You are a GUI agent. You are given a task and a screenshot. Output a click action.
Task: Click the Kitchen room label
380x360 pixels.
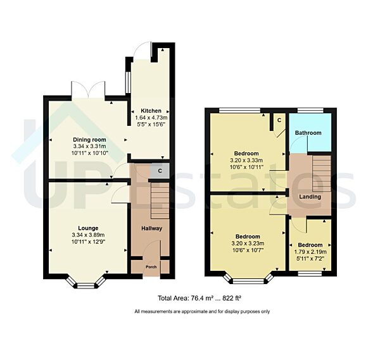click(x=151, y=111)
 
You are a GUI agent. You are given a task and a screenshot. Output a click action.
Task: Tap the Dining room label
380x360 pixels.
click(x=89, y=140)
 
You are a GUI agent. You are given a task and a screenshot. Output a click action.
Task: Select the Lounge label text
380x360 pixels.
click(x=88, y=228)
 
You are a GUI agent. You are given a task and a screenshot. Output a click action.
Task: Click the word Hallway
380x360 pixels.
click(x=152, y=228)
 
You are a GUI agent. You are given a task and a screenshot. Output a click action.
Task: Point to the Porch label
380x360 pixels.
click(x=151, y=267)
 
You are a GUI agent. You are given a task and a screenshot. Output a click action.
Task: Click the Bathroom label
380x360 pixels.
click(x=308, y=133)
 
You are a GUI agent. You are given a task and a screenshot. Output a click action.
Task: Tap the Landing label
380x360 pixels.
click(x=310, y=197)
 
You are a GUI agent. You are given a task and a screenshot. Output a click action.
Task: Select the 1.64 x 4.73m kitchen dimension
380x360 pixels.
click(x=151, y=118)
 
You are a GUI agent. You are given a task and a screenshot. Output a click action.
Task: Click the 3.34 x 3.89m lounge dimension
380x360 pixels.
click(x=88, y=235)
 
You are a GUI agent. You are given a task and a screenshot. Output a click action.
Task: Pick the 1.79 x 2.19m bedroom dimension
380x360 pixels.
click(x=310, y=252)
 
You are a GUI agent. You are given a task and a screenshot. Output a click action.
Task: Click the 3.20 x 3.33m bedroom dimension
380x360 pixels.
click(x=246, y=160)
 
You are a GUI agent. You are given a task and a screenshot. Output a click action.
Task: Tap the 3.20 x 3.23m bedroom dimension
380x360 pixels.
click(x=248, y=244)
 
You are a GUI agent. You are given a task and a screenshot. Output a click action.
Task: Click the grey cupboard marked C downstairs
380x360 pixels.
click(x=160, y=171)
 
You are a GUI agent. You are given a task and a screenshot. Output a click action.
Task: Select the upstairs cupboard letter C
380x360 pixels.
click(x=279, y=120)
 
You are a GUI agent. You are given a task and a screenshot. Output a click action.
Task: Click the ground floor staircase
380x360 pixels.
click(x=160, y=201)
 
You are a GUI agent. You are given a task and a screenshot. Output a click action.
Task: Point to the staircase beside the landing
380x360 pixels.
click(x=322, y=173)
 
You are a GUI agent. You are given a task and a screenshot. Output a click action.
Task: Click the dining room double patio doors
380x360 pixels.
click(x=88, y=90)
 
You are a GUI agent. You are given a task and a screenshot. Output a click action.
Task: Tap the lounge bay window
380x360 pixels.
click(x=86, y=282)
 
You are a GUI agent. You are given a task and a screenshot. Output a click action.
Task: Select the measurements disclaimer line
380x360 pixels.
click(x=202, y=311)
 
